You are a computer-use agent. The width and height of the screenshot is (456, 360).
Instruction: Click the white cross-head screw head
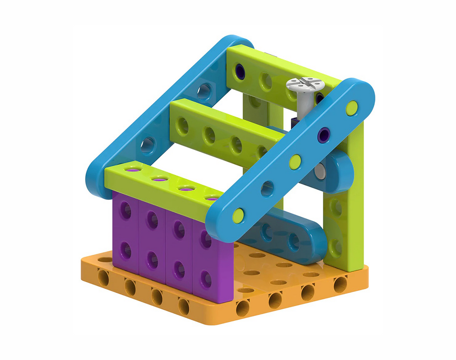click(x=305, y=84)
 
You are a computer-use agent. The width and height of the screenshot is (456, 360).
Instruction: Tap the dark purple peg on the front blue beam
click(x=324, y=134)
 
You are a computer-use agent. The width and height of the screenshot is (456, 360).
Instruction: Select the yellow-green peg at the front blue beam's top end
click(x=352, y=107)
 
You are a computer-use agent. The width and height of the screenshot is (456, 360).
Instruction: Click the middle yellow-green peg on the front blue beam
click(x=295, y=162)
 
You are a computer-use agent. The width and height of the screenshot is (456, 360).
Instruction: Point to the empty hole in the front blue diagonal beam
click(x=267, y=189)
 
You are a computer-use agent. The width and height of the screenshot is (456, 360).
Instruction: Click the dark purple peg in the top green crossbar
click(x=240, y=72)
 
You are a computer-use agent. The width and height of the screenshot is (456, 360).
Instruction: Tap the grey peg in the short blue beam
click(x=320, y=170)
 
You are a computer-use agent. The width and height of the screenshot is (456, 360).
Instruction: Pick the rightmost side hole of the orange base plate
click(x=340, y=283)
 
